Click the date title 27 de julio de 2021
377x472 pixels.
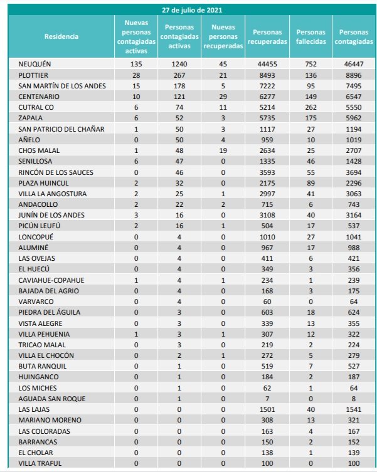tap(191, 11)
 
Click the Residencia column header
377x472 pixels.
tap(61, 36)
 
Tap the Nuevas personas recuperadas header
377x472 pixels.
tap(223, 36)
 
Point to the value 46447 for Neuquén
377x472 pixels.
tap(353, 64)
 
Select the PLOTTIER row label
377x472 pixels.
tap(35, 75)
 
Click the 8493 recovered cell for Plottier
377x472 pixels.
tap(267, 75)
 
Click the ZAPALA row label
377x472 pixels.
tap(31, 118)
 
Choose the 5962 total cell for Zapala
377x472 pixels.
tap(353, 118)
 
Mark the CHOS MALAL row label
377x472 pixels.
tap(38, 150)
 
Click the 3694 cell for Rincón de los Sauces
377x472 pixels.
tap(353, 172)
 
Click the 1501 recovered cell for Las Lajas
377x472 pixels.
tap(267, 409)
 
